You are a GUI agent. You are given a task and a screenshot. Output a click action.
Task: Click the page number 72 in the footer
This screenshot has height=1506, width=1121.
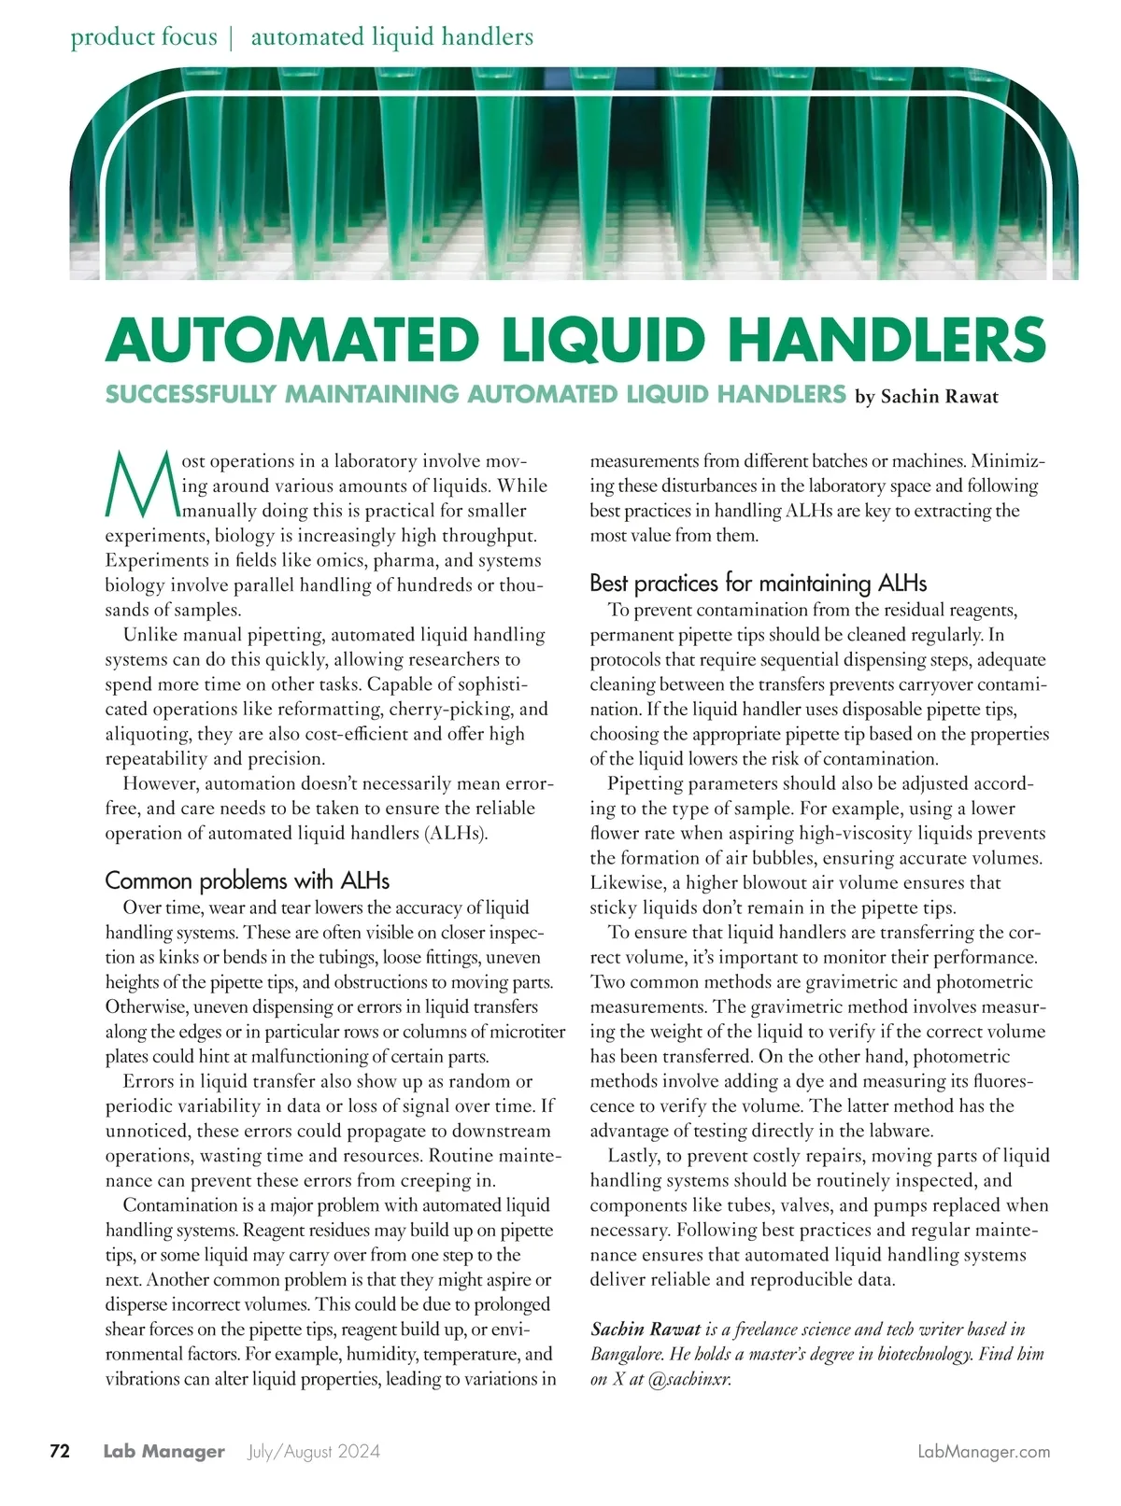point(60,1452)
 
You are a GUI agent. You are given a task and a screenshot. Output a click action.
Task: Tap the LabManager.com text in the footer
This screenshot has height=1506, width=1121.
point(984,1452)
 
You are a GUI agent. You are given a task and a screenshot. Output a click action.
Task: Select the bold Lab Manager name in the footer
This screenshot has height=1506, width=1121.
point(164,1452)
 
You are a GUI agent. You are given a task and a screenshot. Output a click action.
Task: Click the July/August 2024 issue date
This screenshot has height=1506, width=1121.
point(314,1452)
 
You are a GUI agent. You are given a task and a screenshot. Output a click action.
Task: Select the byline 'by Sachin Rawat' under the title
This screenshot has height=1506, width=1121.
point(927,397)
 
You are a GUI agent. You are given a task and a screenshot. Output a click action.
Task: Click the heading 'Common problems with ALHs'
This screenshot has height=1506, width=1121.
point(247,880)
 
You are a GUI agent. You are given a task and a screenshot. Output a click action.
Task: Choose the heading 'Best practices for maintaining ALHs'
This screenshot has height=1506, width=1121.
point(758,584)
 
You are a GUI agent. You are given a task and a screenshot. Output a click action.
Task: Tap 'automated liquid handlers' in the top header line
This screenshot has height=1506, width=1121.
point(392,37)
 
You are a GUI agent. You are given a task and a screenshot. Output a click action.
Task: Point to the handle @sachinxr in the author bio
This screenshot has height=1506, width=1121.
point(688,1379)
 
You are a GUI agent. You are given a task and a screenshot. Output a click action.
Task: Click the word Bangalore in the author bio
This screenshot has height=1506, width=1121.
point(631,1354)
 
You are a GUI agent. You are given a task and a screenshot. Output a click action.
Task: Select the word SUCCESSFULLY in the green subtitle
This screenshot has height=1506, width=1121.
point(190,394)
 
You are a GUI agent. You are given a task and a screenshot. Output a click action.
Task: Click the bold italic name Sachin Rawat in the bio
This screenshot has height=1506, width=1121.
point(646,1330)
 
